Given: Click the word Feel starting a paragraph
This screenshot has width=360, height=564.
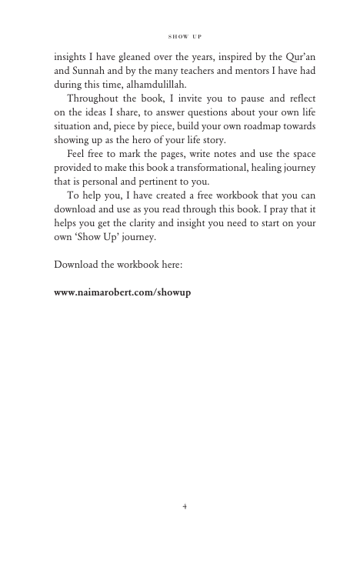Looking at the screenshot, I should [78, 154].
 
